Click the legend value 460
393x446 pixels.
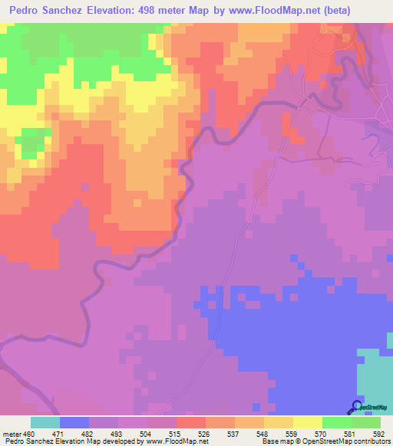pyautogui.click(x=29, y=433)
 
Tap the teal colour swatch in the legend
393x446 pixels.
pyautogui.click(x=45, y=422)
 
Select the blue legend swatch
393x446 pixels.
pyautogui.click(x=74, y=422)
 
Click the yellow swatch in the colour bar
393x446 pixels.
pyautogui.click(x=308, y=422)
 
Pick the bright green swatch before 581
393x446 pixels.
pyautogui.click(x=337, y=422)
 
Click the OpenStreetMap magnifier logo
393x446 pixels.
pyautogui.click(x=357, y=407)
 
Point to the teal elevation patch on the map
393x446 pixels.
pyautogui.click(x=375, y=375)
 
